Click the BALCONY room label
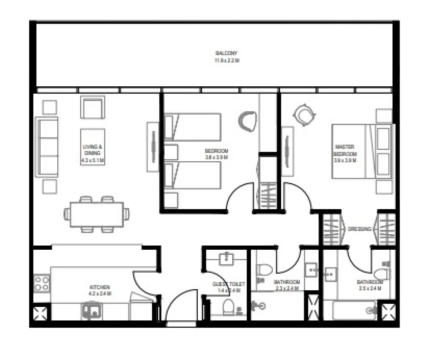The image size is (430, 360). pyautogui.click(x=226, y=53)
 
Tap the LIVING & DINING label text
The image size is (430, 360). pyautogui.click(x=92, y=150)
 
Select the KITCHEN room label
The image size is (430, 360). pyautogui.click(x=100, y=287)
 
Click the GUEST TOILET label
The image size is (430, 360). pyautogui.click(x=229, y=284)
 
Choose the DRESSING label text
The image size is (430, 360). pyautogui.click(x=359, y=229)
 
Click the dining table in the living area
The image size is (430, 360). pyautogui.click(x=97, y=214)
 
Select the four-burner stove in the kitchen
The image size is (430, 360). pyautogui.click(x=42, y=283)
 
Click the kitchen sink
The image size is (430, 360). pyautogui.click(x=92, y=311)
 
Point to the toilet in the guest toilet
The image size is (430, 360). pyautogui.click(x=228, y=307)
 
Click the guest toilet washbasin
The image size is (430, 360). pyautogui.click(x=226, y=258)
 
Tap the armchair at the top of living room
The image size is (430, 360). pyautogui.click(x=93, y=107)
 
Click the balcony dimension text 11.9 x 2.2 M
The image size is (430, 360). pyautogui.click(x=226, y=61)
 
